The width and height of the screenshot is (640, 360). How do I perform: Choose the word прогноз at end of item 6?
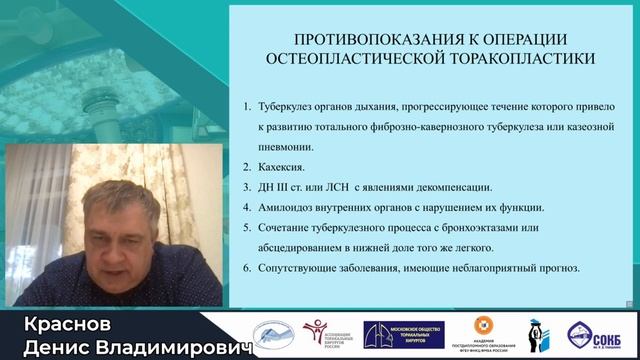pos(569,269)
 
